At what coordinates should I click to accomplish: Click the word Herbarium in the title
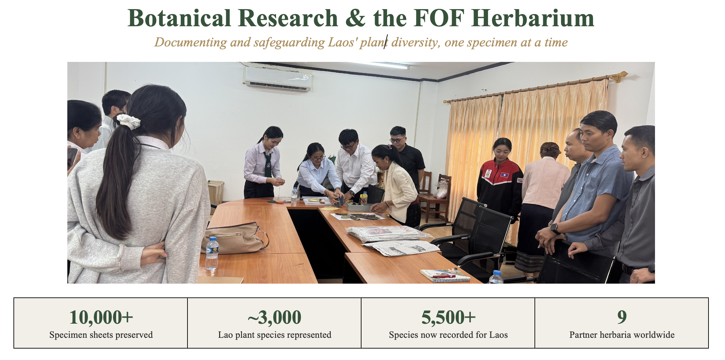click(x=533, y=18)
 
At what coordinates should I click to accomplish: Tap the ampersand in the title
click(x=355, y=18)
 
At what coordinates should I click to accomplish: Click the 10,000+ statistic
click(x=101, y=317)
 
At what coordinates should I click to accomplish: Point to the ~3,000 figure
click(x=274, y=317)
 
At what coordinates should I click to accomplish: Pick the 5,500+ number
click(x=448, y=317)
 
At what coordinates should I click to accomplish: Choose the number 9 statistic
click(x=622, y=317)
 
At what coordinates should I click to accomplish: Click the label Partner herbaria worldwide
click(x=622, y=335)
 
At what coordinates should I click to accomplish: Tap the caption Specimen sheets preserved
click(x=101, y=335)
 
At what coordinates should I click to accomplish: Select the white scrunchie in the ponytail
click(x=129, y=121)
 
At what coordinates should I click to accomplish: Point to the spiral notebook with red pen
click(x=445, y=275)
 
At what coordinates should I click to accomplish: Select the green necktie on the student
click(x=268, y=165)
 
